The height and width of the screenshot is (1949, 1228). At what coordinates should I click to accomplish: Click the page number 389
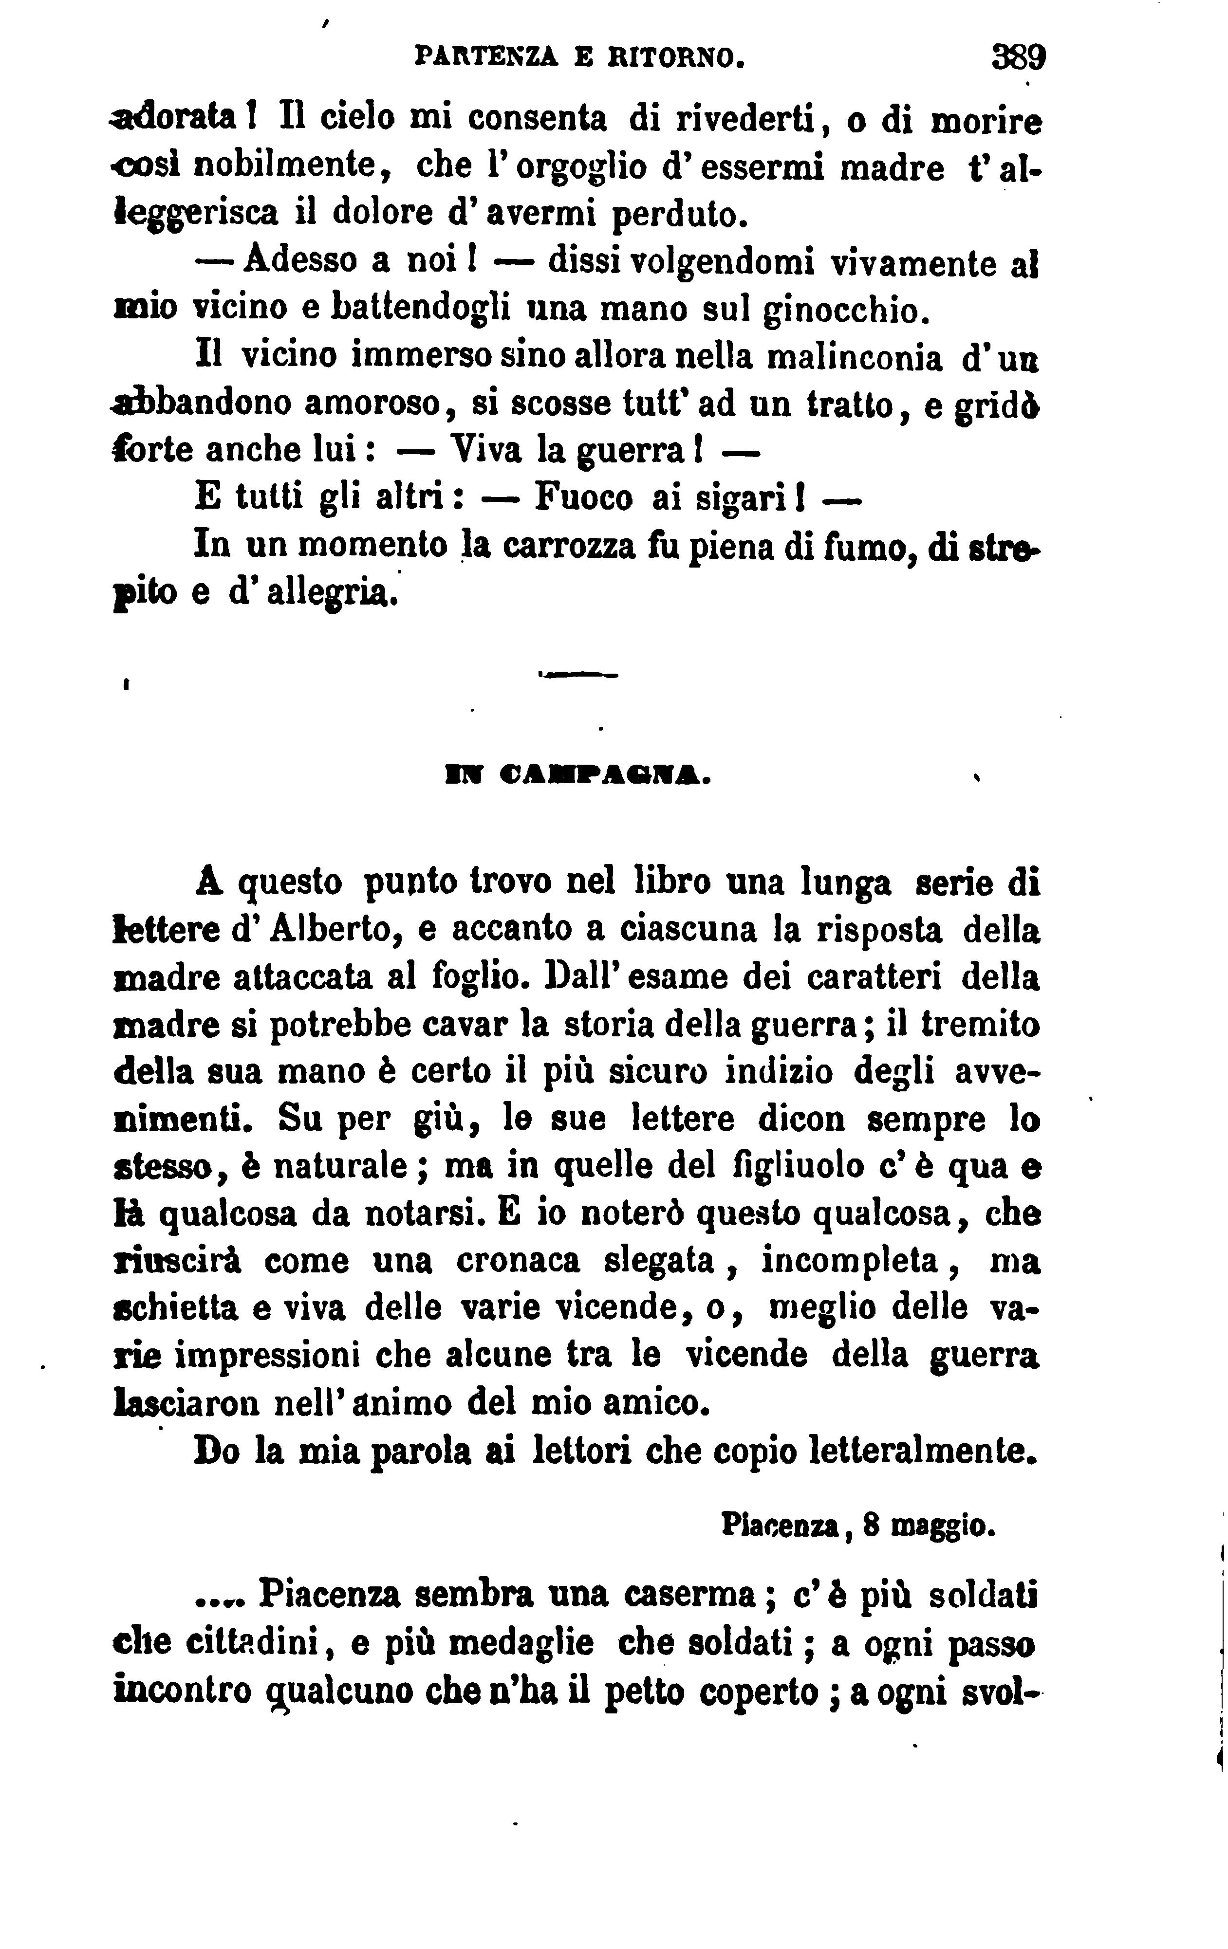pyautogui.click(x=1018, y=59)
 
